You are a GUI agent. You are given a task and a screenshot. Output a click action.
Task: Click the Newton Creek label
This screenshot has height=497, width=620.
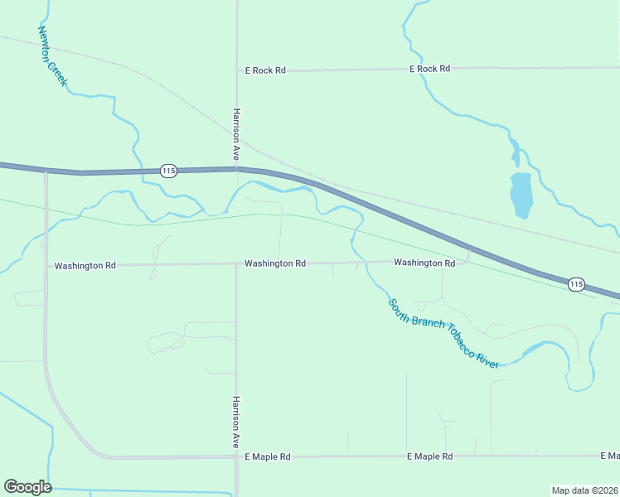[x=52, y=58]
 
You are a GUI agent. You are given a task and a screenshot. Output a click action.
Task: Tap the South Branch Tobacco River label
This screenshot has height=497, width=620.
[x=443, y=333]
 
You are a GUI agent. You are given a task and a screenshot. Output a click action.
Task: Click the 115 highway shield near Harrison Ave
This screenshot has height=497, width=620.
[x=168, y=171]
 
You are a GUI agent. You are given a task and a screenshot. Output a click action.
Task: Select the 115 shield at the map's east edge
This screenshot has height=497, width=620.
[x=577, y=284]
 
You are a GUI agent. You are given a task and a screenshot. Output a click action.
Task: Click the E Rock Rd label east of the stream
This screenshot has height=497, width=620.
[x=429, y=69]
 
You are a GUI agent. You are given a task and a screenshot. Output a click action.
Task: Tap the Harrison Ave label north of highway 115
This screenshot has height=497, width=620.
[x=236, y=133]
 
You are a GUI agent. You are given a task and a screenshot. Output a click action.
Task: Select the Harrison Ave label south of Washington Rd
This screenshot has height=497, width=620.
[x=236, y=422]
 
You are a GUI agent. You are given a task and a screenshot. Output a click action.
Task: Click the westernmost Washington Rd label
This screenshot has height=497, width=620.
[x=85, y=266]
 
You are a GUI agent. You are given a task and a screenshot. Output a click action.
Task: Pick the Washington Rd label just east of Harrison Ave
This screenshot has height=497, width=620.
[x=275, y=263]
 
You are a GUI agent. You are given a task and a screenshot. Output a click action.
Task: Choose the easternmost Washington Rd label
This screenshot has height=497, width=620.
[x=424, y=263]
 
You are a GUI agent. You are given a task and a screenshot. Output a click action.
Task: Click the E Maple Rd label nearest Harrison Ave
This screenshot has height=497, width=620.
[x=267, y=456]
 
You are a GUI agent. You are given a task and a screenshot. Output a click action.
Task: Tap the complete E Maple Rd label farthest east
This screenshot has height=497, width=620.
[x=429, y=456]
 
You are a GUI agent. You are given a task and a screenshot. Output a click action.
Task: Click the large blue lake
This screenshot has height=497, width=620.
[x=521, y=195]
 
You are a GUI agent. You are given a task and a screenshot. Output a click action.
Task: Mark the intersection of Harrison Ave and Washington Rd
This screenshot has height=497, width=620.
[x=236, y=264]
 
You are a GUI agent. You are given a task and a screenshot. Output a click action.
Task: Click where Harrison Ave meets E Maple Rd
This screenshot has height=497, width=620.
[x=236, y=456]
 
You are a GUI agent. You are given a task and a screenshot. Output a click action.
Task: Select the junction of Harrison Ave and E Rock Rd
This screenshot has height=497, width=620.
[x=237, y=71]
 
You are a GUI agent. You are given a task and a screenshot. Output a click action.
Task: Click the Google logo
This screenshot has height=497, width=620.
[x=27, y=487]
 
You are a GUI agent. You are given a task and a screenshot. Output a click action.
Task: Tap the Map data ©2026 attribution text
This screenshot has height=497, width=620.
[x=584, y=490]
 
